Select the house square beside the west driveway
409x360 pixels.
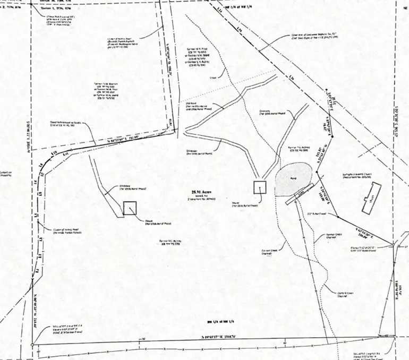click(130, 208)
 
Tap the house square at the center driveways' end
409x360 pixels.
click(259, 186)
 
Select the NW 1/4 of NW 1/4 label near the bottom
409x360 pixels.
click(218, 322)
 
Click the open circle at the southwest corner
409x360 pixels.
click(32, 346)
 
